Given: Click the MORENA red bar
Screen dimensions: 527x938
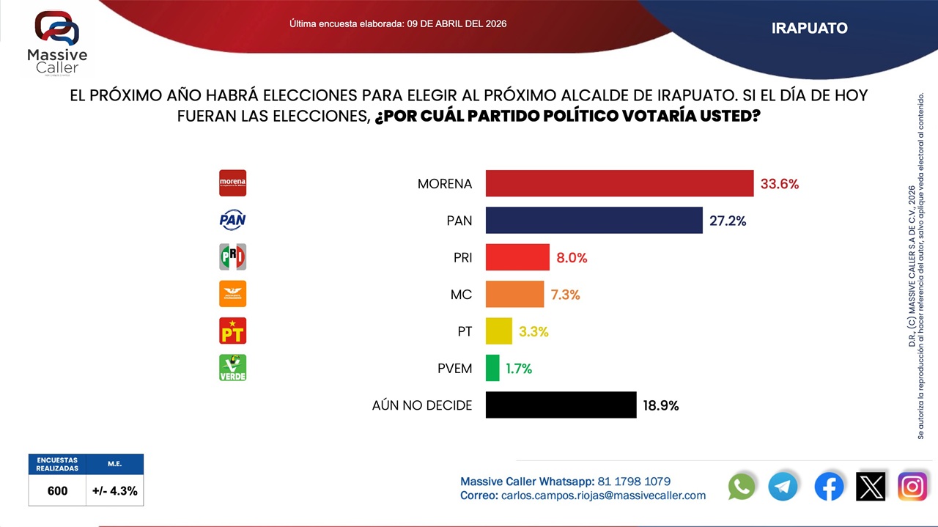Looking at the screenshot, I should point(619,183).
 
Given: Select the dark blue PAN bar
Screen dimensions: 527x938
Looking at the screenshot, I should point(594,220).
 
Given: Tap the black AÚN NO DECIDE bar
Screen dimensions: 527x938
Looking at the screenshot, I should point(561,405).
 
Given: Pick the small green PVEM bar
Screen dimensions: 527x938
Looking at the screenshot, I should point(492,368).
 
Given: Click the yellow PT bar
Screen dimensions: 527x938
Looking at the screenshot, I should point(498,331).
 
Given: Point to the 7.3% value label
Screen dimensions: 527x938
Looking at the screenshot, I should point(565,295).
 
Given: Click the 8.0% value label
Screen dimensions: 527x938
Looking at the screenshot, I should point(572,258).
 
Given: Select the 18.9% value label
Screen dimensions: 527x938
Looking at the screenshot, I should point(660,405).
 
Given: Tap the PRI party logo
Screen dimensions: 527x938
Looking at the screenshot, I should point(233,257).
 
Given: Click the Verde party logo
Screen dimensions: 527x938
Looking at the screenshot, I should point(233,367).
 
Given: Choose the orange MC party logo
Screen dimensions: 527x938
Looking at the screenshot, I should point(233,294).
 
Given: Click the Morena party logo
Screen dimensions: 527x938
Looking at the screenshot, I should point(233,183).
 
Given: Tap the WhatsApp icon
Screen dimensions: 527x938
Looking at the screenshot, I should point(742,487).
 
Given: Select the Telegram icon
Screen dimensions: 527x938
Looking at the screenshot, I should point(783,487).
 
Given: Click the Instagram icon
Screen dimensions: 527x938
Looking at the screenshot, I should point(912,487).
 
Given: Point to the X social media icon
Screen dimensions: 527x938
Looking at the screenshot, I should point(871,487).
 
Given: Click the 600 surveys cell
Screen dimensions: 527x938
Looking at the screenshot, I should point(57,491).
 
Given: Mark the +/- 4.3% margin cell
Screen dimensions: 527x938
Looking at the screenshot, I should point(115,491).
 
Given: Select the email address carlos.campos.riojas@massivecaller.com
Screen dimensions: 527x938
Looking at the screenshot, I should point(603,495).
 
